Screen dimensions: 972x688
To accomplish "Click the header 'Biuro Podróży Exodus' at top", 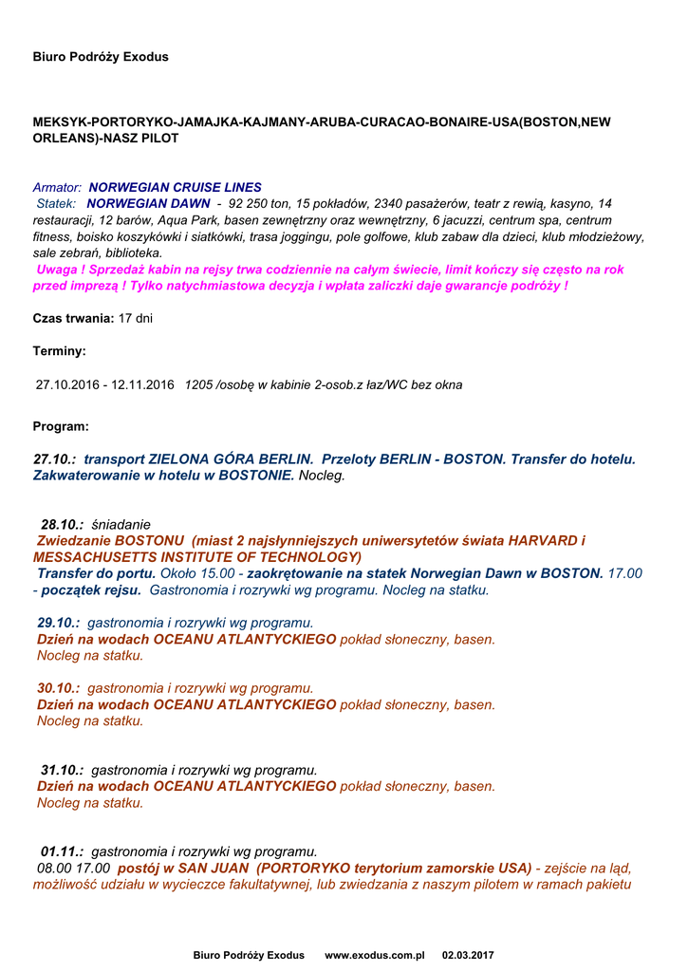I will tap(101, 57).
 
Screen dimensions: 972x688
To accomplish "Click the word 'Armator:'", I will tap(57, 188).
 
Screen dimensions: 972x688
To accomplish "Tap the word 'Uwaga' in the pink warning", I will tap(56, 270).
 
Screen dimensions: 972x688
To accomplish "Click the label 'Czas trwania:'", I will tap(73, 319).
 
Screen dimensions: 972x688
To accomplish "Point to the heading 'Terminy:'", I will tap(59, 351).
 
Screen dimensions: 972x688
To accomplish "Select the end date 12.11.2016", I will tap(142, 385).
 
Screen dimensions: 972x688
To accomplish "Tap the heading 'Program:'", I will tap(61, 427).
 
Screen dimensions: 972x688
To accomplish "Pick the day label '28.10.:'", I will tap(62, 525).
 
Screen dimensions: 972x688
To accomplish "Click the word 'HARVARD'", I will tap(543, 541).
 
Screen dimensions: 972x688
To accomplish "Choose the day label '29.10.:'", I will tap(58, 624).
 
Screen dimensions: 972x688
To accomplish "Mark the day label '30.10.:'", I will tap(58, 688).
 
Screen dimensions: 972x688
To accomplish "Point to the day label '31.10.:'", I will tap(62, 770).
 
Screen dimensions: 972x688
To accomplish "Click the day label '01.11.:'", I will tap(62, 851).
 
